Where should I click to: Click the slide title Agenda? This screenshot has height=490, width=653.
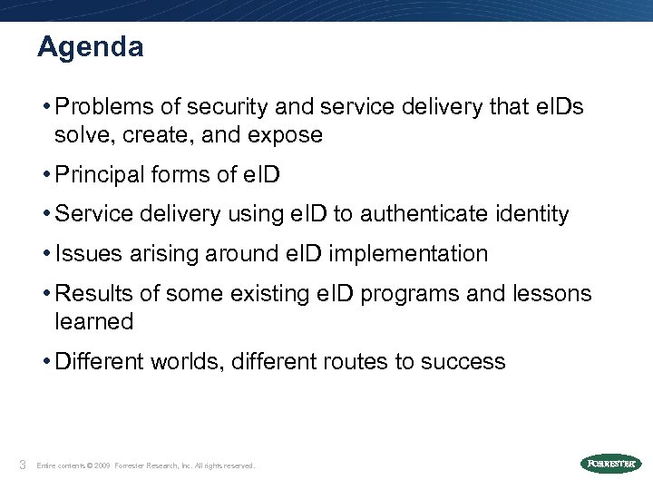tap(90, 46)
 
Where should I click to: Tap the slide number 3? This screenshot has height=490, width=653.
tap(22, 465)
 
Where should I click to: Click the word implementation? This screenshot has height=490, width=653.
tap(408, 254)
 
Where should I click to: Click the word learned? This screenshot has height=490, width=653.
tap(94, 321)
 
